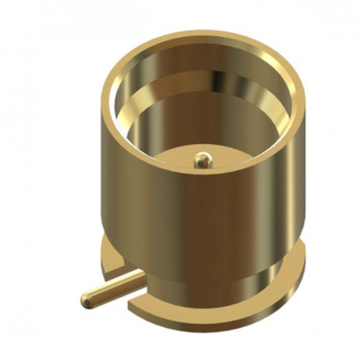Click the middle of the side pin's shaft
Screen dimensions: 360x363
pos(112,286)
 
